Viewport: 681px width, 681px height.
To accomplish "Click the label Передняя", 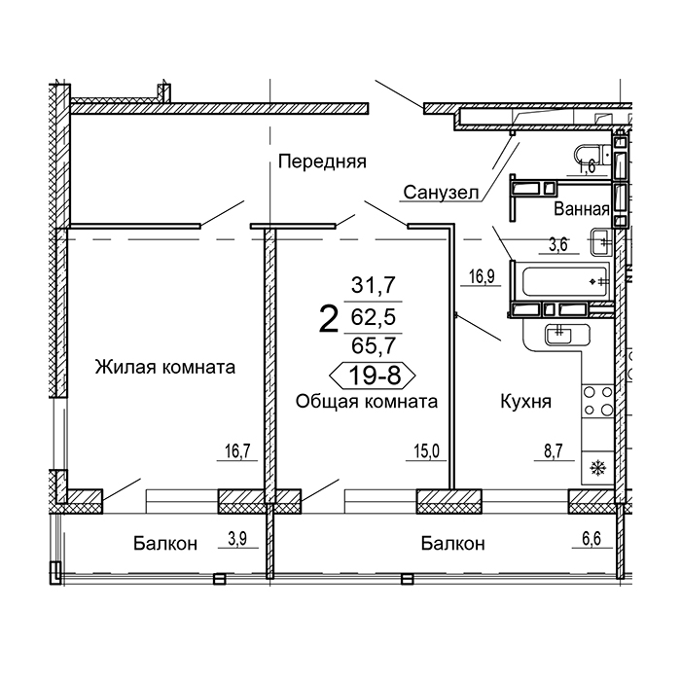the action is coord(322,162).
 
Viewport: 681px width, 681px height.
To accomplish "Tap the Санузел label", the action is coord(441,192).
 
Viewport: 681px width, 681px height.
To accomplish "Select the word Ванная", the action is coord(582,209).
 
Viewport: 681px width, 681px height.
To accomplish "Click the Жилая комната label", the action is coord(165,368).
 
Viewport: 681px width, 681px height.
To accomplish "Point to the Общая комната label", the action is coord(367,401).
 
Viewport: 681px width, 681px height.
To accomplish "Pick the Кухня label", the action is coord(526,401).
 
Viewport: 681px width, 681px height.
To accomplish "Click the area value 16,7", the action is coord(238,451).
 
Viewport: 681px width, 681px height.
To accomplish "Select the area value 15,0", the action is coord(426,451).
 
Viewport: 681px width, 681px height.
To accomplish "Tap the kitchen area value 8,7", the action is coord(554,451).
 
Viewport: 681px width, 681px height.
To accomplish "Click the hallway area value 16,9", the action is coord(482,276).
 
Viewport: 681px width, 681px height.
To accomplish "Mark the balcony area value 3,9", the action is coord(237,539).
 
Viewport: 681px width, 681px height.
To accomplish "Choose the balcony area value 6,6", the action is coord(591,539).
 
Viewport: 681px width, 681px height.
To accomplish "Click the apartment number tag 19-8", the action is coord(373,376).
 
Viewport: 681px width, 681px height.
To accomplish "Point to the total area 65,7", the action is coord(374,345).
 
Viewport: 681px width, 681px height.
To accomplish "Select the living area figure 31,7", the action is coord(374,285).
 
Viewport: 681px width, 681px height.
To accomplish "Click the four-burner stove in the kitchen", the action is coord(598,401).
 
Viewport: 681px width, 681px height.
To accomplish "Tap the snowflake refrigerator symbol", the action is coord(598,468).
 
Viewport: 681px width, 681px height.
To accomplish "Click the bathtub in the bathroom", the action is coord(564,281).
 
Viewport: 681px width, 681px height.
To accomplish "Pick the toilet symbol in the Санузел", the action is coord(592,158).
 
